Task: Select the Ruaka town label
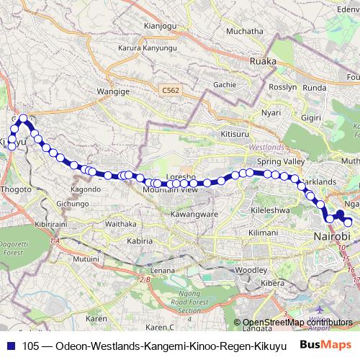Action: tap(262, 61)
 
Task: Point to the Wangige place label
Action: tap(113, 92)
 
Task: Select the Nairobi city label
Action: tap(332, 237)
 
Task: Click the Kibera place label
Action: tap(273, 284)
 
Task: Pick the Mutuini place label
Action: tap(86, 257)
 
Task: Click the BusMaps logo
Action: tap(326, 345)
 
